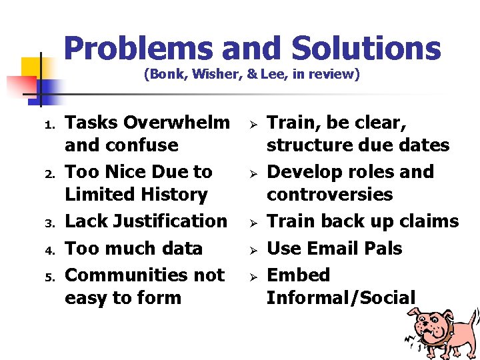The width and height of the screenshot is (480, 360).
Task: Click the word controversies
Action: pos(329,195)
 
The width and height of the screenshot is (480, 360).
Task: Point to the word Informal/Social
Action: pos(341,297)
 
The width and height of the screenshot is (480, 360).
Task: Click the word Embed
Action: pos(298,275)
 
